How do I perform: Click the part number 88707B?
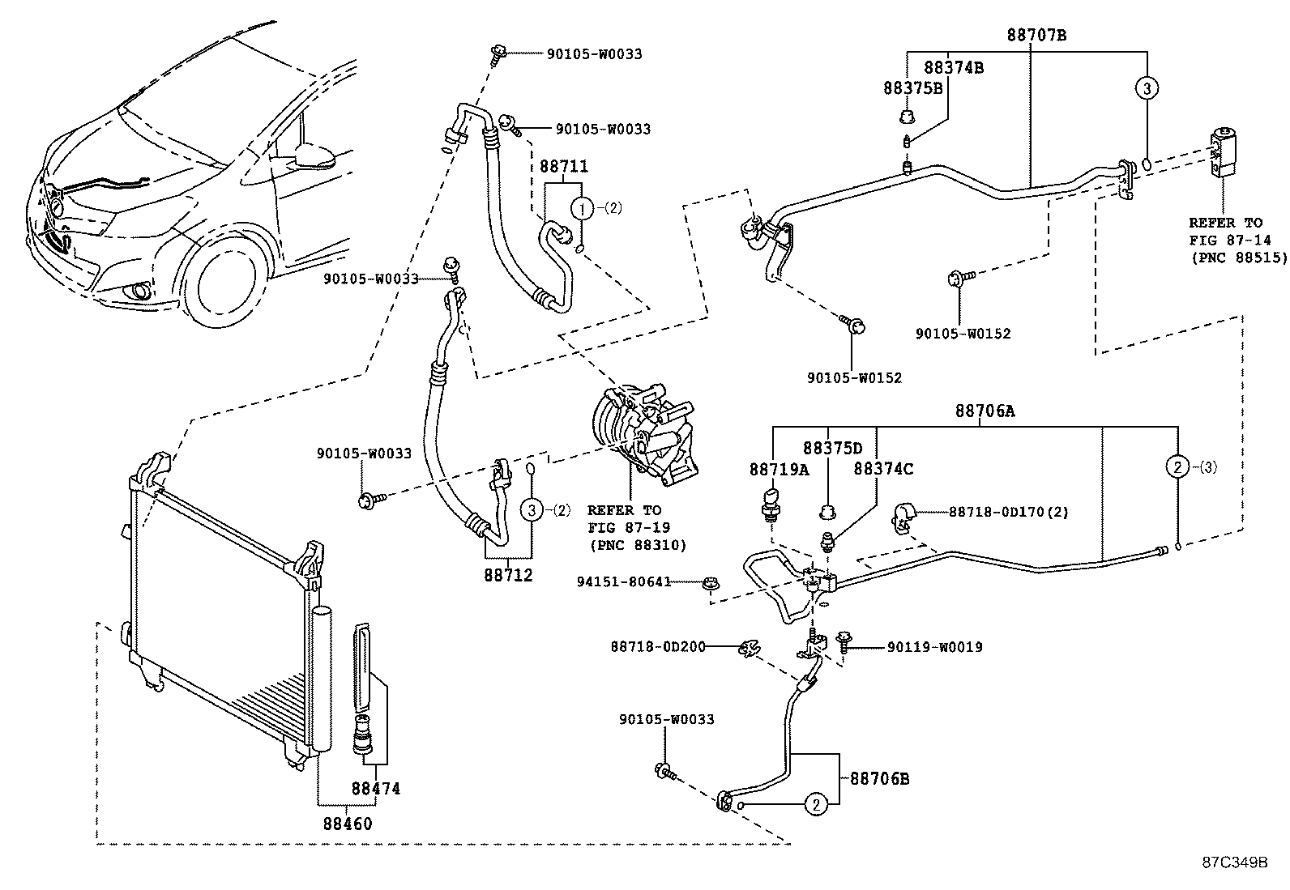1036,35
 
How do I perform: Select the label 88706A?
984,411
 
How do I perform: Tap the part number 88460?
348,824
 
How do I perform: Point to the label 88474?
375,788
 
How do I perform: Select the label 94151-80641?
624,581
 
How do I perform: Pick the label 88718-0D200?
657,646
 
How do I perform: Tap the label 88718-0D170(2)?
1008,512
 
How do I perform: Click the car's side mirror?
315,155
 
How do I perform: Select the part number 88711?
563,167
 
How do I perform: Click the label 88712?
508,575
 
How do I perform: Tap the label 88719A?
779,469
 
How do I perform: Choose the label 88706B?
879,779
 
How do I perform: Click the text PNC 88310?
637,545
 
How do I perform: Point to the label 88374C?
882,469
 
